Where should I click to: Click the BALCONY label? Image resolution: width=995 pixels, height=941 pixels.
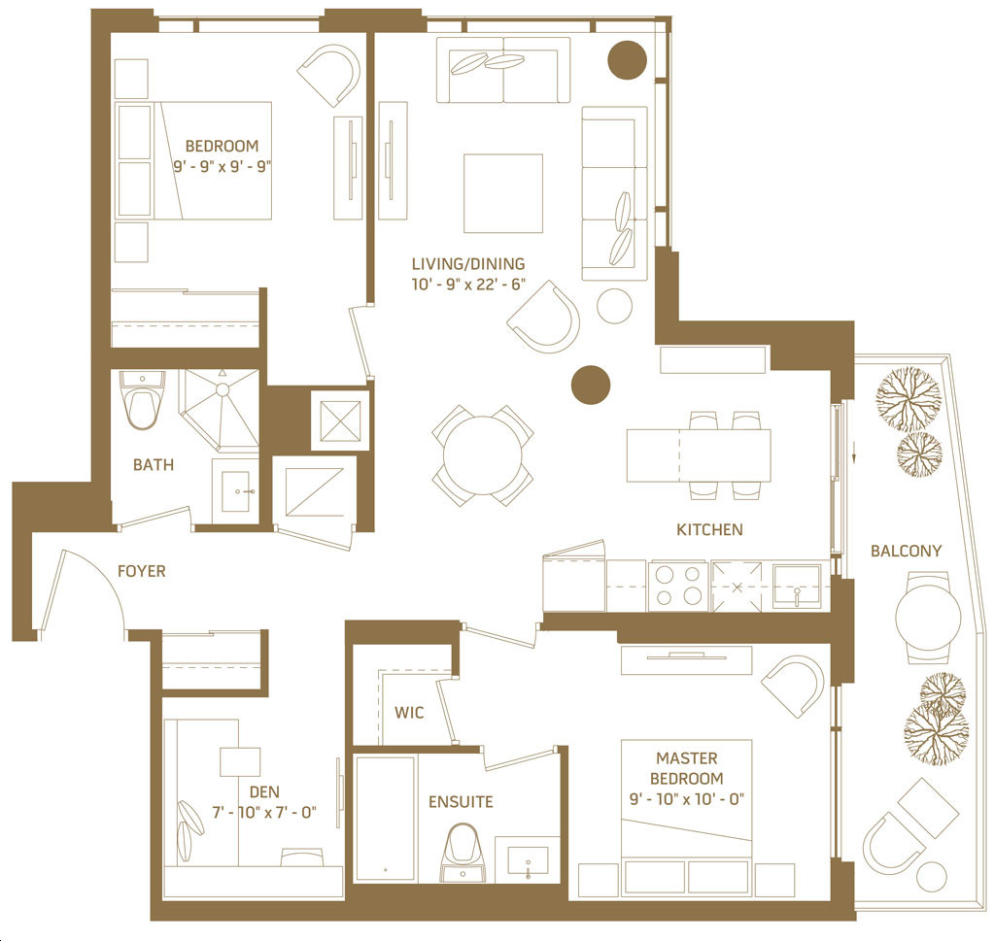(906, 551)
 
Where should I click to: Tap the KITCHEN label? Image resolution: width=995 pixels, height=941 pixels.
(709, 529)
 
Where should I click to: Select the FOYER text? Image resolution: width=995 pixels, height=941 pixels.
(142, 571)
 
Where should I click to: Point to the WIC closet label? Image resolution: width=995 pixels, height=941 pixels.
(409, 712)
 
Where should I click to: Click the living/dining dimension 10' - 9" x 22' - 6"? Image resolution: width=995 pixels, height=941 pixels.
(468, 285)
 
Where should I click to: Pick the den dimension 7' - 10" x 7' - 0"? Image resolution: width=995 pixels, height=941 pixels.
(264, 812)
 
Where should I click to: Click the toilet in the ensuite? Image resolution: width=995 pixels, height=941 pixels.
(463, 853)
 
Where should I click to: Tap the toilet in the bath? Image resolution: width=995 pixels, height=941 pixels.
(142, 399)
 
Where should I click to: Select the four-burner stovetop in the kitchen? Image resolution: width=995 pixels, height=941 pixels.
(678, 586)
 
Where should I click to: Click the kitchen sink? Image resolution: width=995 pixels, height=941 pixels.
(797, 586)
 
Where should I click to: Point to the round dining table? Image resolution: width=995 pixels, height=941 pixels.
(482, 454)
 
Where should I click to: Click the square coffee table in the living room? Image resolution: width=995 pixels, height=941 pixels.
(503, 193)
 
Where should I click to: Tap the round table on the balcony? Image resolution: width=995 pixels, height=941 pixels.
(928, 617)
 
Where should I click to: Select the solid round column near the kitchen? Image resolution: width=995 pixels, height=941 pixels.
(591, 385)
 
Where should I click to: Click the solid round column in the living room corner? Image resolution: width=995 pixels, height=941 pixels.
(628, 60)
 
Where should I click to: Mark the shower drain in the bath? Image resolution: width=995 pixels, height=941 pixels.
(223, 388)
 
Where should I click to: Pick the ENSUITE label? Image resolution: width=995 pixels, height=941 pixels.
(461, 802)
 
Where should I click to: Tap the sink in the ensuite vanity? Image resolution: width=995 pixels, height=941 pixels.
(528, 860)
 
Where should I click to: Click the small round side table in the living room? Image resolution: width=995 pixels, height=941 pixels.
(614, 306)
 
